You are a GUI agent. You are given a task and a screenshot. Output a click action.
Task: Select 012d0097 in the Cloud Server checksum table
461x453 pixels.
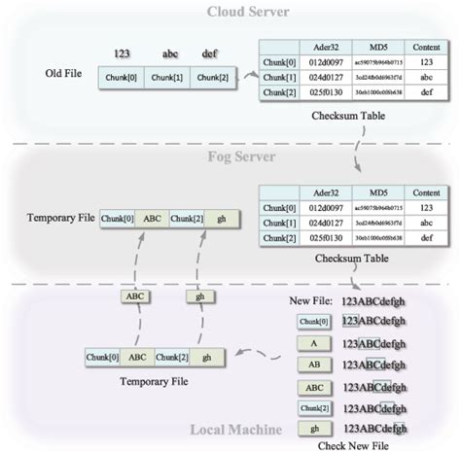click(x=312, y=61)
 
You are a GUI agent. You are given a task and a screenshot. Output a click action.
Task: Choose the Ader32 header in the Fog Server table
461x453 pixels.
click(x=312, y=192)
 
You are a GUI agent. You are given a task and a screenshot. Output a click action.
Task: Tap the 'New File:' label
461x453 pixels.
click(x=313, y=302)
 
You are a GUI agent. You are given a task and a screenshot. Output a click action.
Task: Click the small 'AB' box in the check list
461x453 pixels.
click(x=312, y=365)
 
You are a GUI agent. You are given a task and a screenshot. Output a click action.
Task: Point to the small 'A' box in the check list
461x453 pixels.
click(x=312, y=343)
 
